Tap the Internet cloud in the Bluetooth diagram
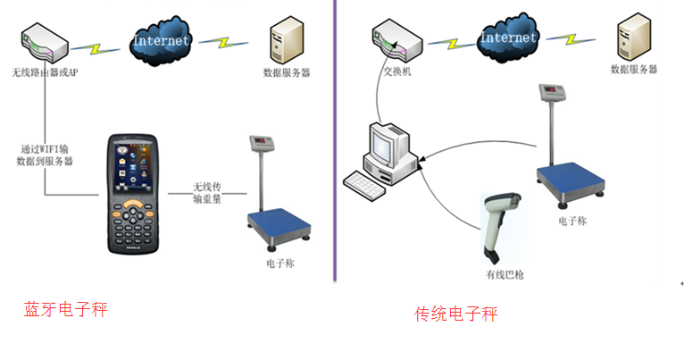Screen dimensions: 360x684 tap(161, 40)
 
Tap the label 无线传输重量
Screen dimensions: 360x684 tap(206, 193)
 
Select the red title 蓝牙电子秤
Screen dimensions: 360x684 tap(65, 310)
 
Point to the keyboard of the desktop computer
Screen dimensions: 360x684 tap(369, 183)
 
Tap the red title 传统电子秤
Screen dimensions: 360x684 tap(456, 314)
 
